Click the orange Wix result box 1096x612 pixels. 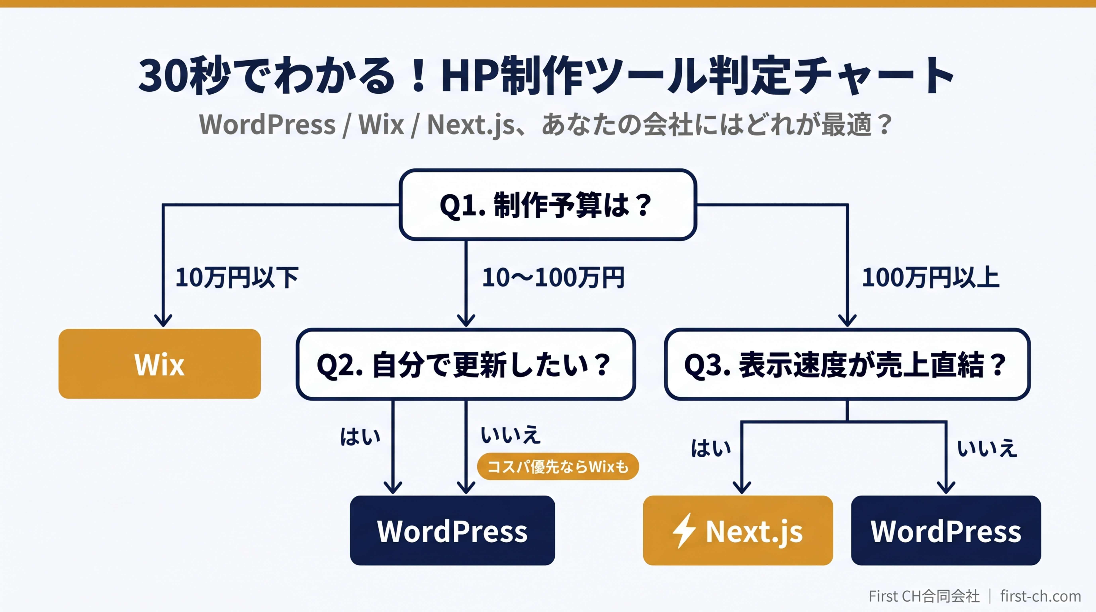coord(160,364)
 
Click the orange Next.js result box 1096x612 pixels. coord(738,531)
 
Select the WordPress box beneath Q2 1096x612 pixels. coord(452,531)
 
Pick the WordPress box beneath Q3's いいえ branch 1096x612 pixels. coord(946,531)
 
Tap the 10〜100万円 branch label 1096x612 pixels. coord(553,278)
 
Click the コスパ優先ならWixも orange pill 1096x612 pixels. coord(558,466)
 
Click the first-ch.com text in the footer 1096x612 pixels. coord(1040,596)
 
